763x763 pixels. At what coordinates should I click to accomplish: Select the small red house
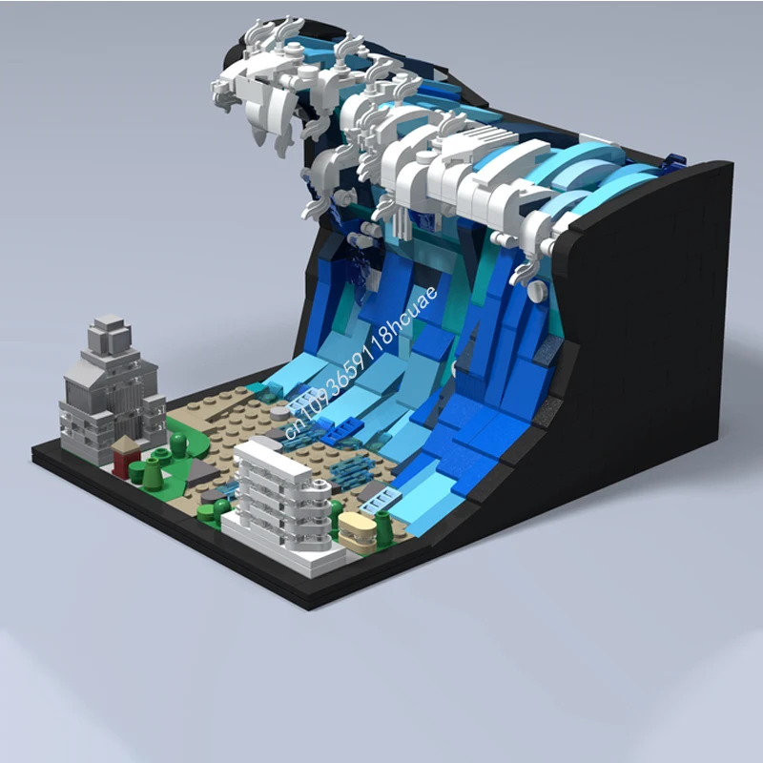coord(124,457)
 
